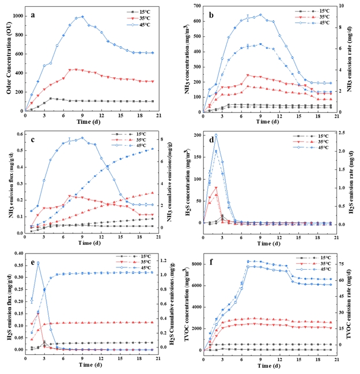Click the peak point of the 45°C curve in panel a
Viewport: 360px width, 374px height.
[x=82, y=17]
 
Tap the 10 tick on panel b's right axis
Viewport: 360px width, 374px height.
[x=340, y=6]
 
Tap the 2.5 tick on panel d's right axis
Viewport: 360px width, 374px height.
[x=342, y=134]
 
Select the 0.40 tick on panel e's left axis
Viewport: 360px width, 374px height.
[x=22, y=253]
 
